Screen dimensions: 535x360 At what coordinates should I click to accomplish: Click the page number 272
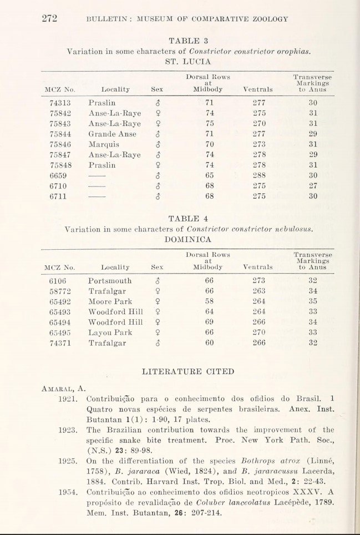tap(50, 18)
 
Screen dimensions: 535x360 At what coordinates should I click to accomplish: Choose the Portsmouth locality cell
tap(110, 280)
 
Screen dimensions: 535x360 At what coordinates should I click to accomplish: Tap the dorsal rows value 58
tap(209, 301)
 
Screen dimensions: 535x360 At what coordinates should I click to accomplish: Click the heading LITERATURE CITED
tap(188, 371)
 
